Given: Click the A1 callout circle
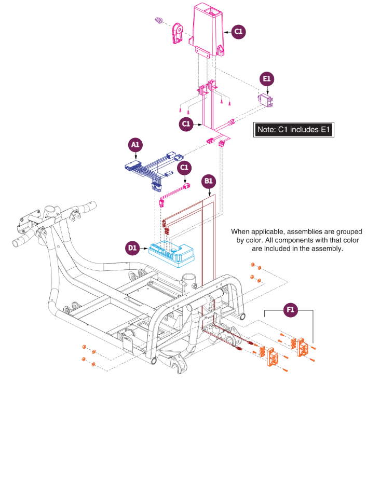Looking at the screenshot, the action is click(x=135, y=145).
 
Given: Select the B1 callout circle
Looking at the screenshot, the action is click(x=209, y=181).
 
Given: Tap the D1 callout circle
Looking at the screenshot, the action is click(x=132, y=248).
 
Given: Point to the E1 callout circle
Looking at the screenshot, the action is click(x=267, y=79).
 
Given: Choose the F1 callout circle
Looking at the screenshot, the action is click(x=290, y=310).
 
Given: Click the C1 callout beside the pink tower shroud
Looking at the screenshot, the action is click(x=238, y=32).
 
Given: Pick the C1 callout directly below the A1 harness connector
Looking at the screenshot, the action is click(x=184, y=168).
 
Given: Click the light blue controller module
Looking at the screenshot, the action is click(x=171, y=254).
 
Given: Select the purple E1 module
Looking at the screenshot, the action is click(x=265, y=100).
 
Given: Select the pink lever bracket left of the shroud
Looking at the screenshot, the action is click(x=178, y=33).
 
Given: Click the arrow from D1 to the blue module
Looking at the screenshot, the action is click(x=144, y=248).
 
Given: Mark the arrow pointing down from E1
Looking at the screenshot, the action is click(x=267, y=90).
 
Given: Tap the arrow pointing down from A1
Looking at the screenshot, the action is click(x=136, y=156).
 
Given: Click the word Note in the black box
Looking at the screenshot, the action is click(x=266, y=130).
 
